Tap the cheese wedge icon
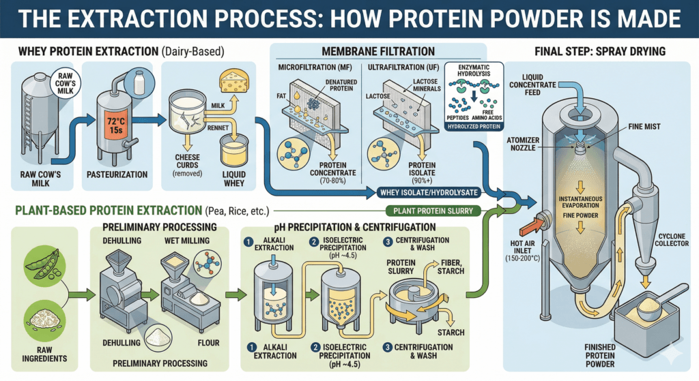[x=234, y=85]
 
